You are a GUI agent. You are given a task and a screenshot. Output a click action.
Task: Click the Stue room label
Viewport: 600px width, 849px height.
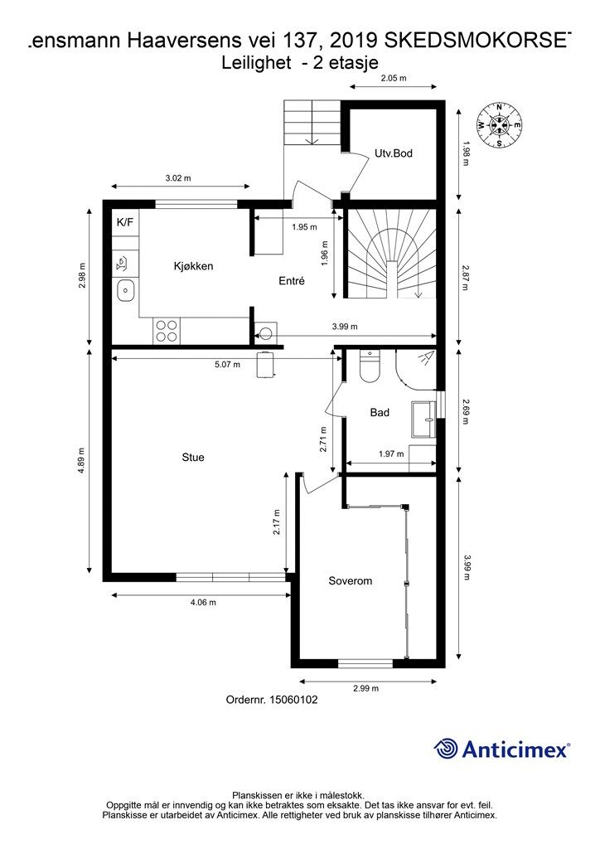(193, 458)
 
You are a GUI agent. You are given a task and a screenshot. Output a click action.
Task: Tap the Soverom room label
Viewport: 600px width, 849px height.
(350, 581)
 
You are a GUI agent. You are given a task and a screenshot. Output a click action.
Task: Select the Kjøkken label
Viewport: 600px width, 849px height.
(193, 266)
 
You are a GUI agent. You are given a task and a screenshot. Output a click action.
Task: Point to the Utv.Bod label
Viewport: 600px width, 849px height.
(394, 153)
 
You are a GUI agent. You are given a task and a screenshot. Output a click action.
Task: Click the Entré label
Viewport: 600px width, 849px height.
(292, 280)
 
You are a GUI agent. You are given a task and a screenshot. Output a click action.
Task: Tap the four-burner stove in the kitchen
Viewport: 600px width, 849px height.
(166, 330)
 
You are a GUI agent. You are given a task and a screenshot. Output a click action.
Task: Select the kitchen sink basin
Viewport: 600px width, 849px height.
(125, 291)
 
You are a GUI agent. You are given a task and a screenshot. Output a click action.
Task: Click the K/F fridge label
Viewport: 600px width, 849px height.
(125, 221)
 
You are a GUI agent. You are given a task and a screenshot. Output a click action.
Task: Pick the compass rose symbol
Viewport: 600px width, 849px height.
(500, 125)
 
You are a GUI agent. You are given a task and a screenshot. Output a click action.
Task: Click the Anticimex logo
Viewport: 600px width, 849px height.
(501, 749)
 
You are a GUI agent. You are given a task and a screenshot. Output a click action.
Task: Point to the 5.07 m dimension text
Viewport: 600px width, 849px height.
(227, 365)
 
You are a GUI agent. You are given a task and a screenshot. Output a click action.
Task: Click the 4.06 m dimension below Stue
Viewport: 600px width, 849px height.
(203, 602)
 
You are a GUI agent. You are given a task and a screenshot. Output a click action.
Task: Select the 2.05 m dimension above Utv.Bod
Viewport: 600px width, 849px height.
(394, 78)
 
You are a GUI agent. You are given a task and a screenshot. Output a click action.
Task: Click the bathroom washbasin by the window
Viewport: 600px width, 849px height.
(423, 419)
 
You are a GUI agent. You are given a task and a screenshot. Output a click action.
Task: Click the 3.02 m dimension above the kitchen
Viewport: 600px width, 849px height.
(178, 177)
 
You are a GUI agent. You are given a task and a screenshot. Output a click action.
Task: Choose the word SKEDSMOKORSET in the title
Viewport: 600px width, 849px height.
(477, 40)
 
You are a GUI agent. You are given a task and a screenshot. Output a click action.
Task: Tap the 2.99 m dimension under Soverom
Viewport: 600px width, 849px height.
(365, 689)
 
